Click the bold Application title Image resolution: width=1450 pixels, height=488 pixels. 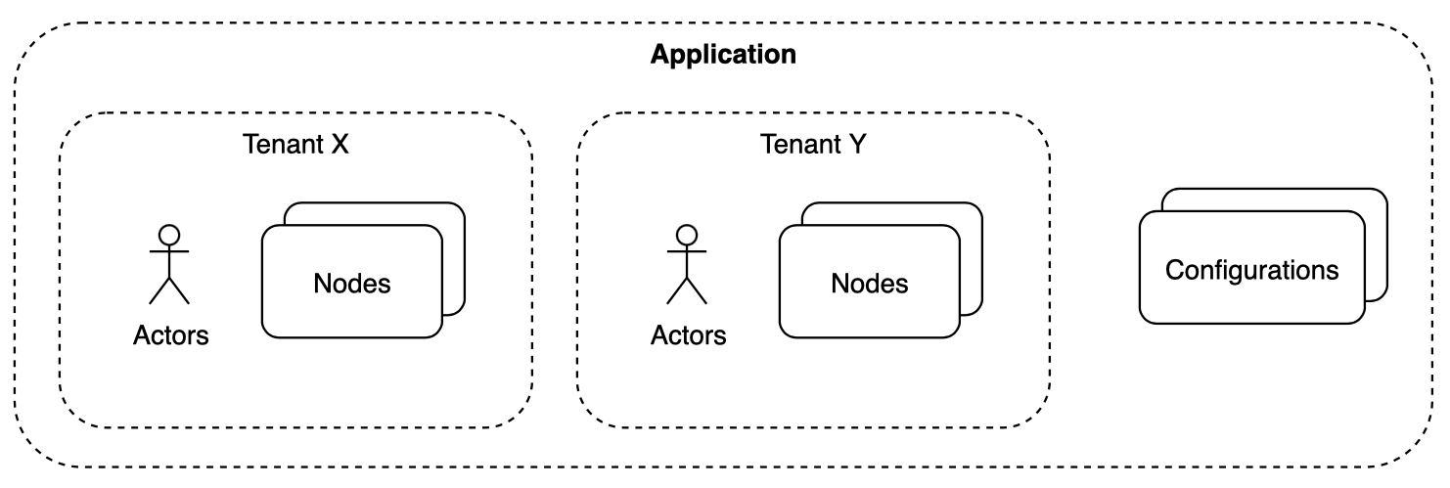click(723, 55)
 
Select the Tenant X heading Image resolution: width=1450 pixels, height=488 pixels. click(295, 145)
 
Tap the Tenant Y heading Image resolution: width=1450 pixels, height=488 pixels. click(813, 145)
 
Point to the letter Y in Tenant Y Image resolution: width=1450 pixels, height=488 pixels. click(858, 145)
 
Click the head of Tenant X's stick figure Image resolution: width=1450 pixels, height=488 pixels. click(169, 235)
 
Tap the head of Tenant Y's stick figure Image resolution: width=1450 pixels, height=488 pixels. click(687, 235)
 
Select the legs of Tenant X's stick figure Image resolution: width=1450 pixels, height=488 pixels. click(169, 288)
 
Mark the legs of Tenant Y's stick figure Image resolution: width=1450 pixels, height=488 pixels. click(687, 288)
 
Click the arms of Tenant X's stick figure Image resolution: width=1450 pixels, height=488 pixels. click(169, 251)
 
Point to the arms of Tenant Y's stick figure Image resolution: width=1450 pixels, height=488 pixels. click(687, 251)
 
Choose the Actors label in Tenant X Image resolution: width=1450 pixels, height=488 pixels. click(171, 335)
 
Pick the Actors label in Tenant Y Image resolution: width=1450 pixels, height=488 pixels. click(689, 335)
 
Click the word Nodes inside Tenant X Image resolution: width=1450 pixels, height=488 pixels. click(352, 284)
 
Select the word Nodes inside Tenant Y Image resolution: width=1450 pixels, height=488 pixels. click(869, 284)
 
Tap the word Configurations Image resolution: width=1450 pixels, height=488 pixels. click(1251, 269)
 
